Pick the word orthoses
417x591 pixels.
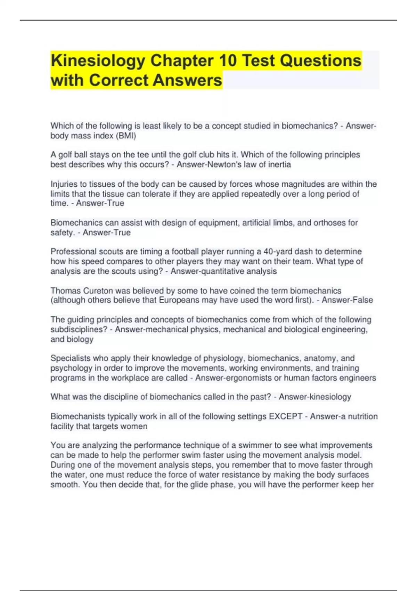pyautogui.click(x=330, y=222)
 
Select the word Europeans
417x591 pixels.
pyautogui.click(x=179, y=300)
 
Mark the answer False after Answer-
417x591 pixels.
pyautogui.click(x=362, y=300)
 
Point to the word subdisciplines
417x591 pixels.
pyautogui.click(x=79, y=329)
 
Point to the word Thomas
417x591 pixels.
pyautogui.click(x=65, y=291)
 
